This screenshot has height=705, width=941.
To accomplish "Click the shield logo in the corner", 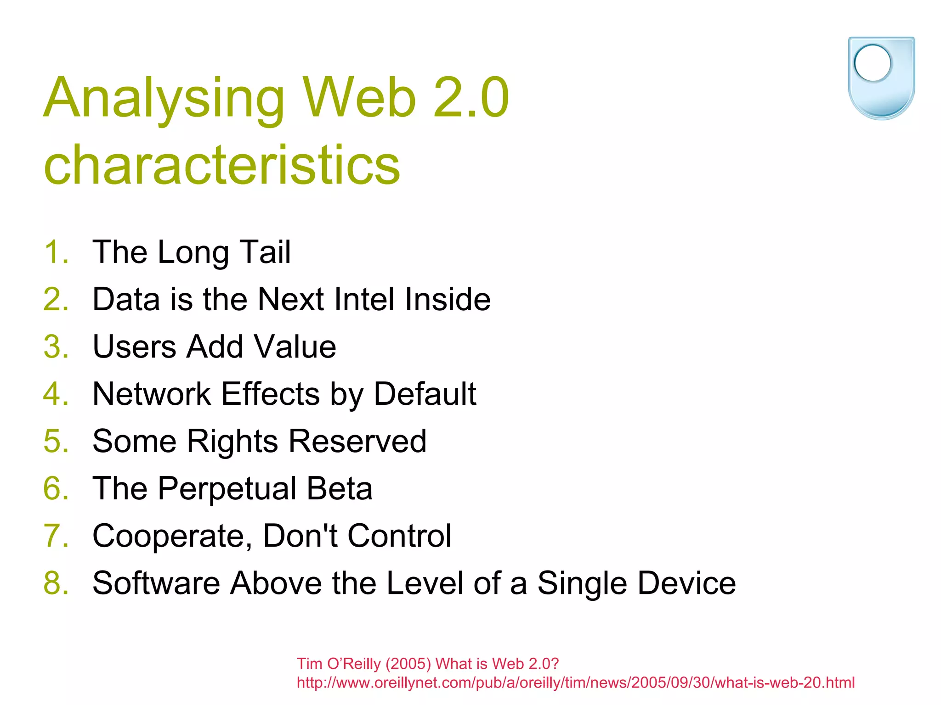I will (881, 78).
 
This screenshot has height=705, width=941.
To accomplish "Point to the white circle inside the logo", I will (873, 63).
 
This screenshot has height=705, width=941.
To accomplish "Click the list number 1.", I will (56, 252).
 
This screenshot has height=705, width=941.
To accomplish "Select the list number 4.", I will (56, 394).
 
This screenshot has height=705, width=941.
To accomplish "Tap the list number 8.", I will (56, 583).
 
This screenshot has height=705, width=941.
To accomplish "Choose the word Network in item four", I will (151, 394).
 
